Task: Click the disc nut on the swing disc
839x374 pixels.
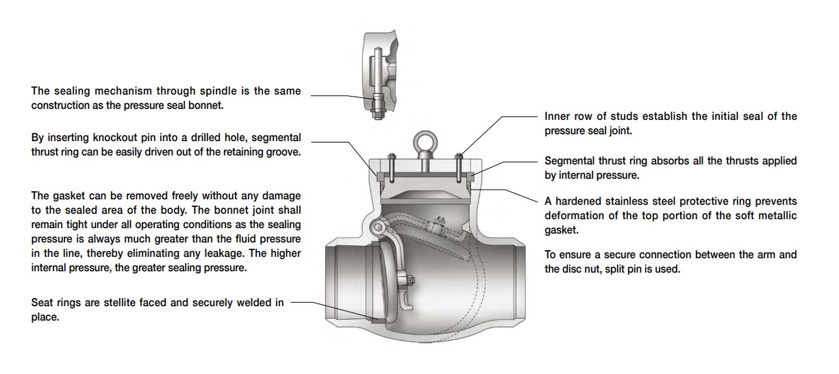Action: (x=412, y=279)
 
